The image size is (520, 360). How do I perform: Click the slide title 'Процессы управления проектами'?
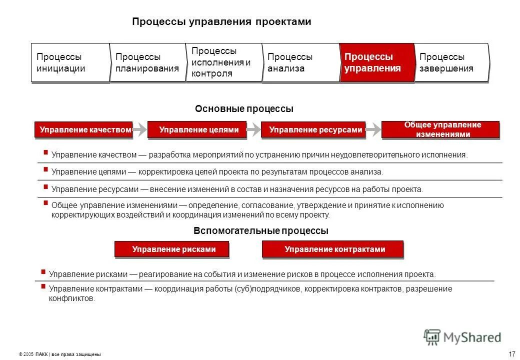(221, 22)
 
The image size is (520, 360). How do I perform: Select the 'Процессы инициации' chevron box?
(70, 62)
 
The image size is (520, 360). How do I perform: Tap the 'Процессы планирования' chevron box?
(147, 62)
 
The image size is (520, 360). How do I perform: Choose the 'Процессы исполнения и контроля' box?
(223, 62)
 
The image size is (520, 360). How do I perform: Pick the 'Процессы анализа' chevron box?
(300, 62)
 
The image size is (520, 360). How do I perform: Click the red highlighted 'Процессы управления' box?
(377, 62)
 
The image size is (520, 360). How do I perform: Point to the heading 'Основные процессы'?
(244, 108)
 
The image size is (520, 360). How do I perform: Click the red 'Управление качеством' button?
(84, 129)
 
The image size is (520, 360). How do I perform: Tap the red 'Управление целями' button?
(197, 129)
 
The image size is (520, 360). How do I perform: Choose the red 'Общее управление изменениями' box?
(440, 129)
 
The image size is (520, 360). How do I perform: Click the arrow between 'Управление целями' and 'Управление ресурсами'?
(254, 129)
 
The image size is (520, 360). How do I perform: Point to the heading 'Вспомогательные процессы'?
(260, 231)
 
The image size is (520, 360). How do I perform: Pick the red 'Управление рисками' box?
(172, 249)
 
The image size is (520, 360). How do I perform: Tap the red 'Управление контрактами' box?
(333, 249)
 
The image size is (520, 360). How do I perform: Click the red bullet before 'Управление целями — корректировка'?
(45, 169)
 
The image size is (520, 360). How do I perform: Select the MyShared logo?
(462, 337)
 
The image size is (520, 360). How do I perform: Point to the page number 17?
(511, 354)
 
